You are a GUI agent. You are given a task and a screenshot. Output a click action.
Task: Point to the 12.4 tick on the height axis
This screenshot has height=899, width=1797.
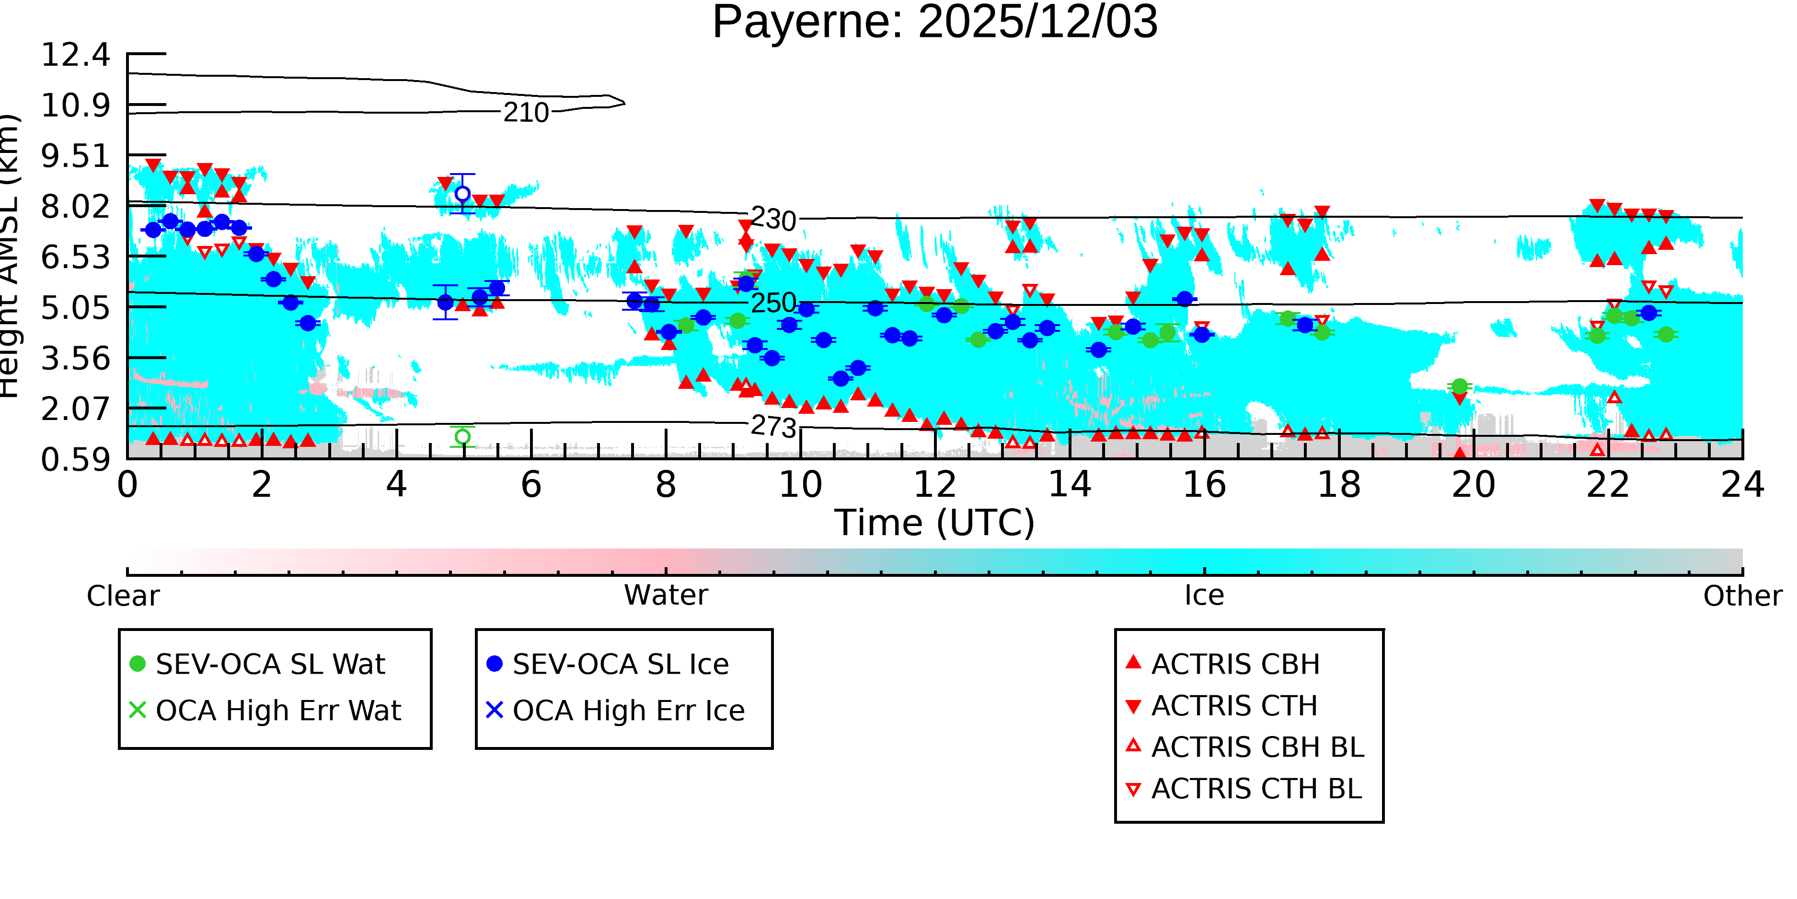[75, 55]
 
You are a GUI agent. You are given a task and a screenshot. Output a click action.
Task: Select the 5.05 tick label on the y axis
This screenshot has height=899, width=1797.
[75, 308]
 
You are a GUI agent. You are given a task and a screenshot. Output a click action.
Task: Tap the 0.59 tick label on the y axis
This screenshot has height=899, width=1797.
[75, 460]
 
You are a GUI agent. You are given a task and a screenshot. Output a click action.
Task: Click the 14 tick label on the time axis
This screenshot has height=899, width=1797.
[1070, 484]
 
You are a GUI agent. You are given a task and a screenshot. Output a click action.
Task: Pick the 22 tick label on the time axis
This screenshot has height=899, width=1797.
[1608, 484]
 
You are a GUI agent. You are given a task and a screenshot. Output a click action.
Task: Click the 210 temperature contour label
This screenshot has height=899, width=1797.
[526, 112]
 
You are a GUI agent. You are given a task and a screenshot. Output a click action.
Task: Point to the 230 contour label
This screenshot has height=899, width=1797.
[773, 220]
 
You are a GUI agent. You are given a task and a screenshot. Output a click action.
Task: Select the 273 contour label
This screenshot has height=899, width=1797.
[773, 426]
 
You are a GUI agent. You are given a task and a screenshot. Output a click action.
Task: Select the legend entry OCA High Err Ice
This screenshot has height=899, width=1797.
[615, 711]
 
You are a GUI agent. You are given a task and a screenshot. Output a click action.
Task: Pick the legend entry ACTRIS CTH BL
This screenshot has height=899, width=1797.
[1244, 789]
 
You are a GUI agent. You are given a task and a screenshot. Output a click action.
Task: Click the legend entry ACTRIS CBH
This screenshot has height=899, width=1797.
[1222, 664]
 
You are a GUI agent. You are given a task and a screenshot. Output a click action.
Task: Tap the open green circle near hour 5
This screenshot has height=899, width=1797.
[462, 437]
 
